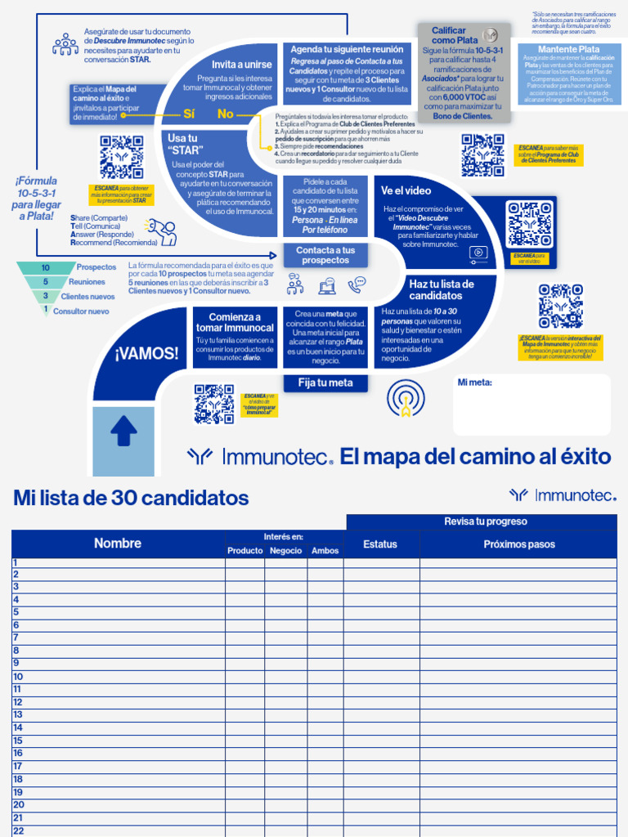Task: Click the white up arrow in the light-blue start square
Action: pos(123,431)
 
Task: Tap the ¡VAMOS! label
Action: pos(146,354)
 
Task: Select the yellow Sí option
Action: pos(189,114)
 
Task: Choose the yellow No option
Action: pos(226,114)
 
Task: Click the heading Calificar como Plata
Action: pos(455,35)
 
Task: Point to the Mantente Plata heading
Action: pos(568,49)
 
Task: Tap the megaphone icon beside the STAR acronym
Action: pos(160,231)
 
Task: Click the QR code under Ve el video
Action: pos(527,224)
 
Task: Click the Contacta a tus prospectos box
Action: pos(325,255)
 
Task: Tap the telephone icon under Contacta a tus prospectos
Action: pos(357,284)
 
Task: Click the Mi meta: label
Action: pos(474,382)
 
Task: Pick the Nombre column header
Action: pos(118,543)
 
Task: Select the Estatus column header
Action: pos(380,544)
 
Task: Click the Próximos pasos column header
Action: pos(518,544)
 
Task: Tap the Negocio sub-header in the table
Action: pos(285,551)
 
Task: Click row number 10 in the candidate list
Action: pos(18,676)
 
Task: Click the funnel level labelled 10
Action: pos(47,268)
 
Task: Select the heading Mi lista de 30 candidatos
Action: pos(131,498)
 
